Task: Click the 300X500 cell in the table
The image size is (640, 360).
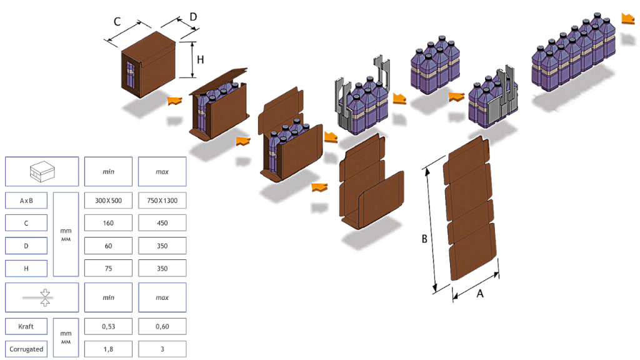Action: tap(108, 201)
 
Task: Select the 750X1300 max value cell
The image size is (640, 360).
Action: tap(162, 201)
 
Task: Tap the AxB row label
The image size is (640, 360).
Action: tap(26, 201)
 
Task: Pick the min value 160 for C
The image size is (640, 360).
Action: tap(108, 223)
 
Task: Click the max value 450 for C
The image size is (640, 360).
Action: tap(162, 223)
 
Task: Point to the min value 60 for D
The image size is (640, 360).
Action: tap(108, 246)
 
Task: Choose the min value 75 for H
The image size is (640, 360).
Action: tap(108, 268)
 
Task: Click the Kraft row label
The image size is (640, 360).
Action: tap(26, 326)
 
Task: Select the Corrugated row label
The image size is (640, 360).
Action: tap(26, 349)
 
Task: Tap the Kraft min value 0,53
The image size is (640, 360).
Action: tap(108, 326)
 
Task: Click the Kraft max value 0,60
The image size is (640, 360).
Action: tap(162, 326)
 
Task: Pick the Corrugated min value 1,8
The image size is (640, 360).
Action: tap(108, 349)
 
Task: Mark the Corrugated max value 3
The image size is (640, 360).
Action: tap(162, 349)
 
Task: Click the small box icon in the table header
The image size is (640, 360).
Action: tap(42, 171)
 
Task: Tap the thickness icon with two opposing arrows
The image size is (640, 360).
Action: tap(45, 297)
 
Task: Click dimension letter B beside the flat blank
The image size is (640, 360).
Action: tap(424, 239)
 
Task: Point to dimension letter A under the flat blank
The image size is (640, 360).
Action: tap(480, 294)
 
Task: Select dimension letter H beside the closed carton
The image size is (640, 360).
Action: tap(201, 60)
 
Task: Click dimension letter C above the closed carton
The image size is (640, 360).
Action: tap(117, 22)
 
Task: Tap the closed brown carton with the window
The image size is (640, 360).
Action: tap(148, 64)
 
